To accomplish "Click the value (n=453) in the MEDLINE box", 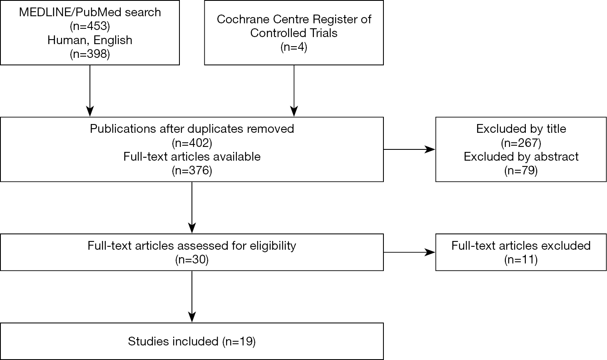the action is [x=90, y=26].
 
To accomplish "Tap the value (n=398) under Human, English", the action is [x=90, y=54].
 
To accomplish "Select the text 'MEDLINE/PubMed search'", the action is [x=90, y=12].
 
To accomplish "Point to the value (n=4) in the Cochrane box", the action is [x=294, y=47].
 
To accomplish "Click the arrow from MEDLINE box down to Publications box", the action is [x=90, y=91].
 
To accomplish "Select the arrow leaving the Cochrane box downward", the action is [x=294, y=91].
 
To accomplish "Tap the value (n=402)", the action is [x=192, y=143].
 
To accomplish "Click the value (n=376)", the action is [x=192, y=170].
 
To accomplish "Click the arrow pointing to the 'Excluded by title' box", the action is [x=409, y=149].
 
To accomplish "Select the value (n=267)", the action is [x=521, y=143].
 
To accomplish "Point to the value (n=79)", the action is [x=521, y=170].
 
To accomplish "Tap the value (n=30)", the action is [x=192, y=260].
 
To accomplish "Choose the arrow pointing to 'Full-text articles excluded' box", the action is [x=409, y=252].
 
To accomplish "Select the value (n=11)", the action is [x=521, y=260].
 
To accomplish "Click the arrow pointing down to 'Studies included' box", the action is [x=192, y=297].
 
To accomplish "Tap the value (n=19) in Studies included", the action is [x=239, y=341].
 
